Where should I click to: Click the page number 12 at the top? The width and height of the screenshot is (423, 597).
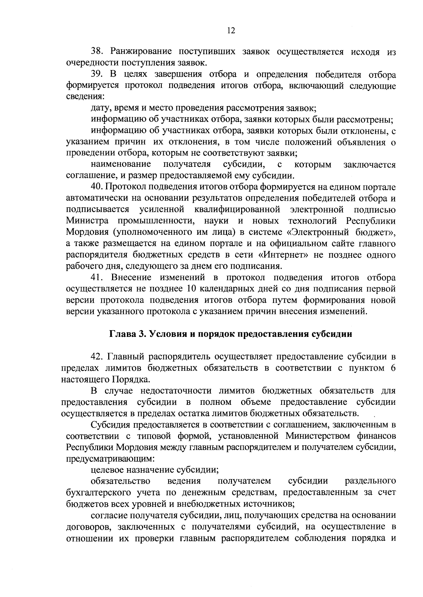(231, 31)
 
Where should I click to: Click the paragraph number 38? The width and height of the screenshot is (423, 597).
(97, 52)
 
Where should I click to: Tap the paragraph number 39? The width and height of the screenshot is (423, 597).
(97, 75)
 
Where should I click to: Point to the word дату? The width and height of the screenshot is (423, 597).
(100, 108)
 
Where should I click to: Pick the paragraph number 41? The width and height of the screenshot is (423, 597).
(97, 277)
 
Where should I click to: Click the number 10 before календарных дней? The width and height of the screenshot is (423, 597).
(188, 289)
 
